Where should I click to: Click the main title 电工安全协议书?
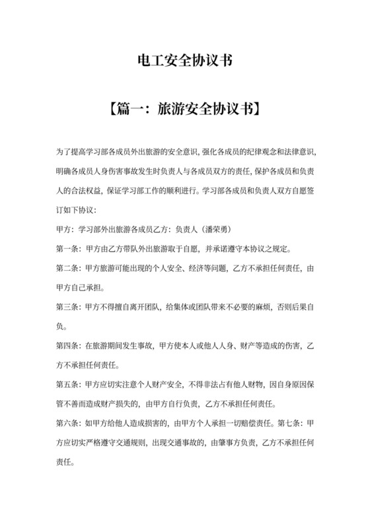[184, 61]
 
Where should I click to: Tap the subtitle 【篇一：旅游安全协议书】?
[184, 108]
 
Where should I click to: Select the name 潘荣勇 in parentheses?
[213, 230]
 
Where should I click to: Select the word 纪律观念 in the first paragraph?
[246, 153]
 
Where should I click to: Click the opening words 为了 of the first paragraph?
[65, 153]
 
